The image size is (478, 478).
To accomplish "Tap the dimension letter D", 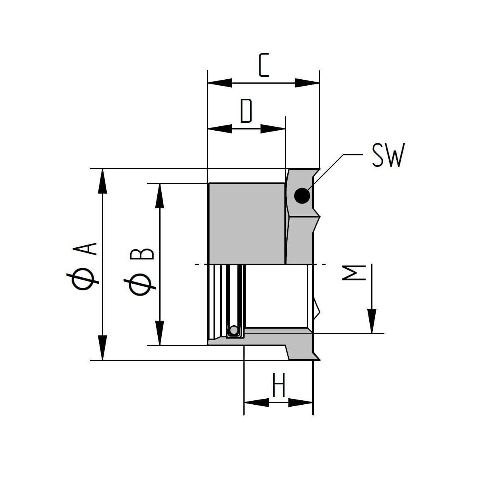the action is pyautogui.click(x=246, y=111).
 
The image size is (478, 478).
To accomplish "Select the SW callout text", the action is pyautogui.click(x=388, y=155).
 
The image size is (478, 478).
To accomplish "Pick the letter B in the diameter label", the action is pyautogui.click(x=142, y=253).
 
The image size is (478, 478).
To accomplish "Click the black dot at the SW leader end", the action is pyautogui.click(x=302, y=196).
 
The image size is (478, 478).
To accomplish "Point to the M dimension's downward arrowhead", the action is pyautogui.click(x=372, y=321).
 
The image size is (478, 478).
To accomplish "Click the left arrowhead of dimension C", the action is pyautogui.click(x=220, y=83).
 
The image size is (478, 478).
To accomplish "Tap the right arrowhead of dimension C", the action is pyautogui.click(x=307, y=83).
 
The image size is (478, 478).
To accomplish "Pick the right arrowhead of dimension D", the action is pyautogui.click(x=272, y=129).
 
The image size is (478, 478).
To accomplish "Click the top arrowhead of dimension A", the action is pyautogui.click(x=102, y=181).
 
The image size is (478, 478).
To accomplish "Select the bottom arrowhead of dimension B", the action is pyautogui.click(x=159, y=333).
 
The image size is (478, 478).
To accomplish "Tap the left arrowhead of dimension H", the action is pyautogui.click(x=257, y=402).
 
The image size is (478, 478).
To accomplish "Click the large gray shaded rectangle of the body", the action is pyautogui.click(x=247, y=223).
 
